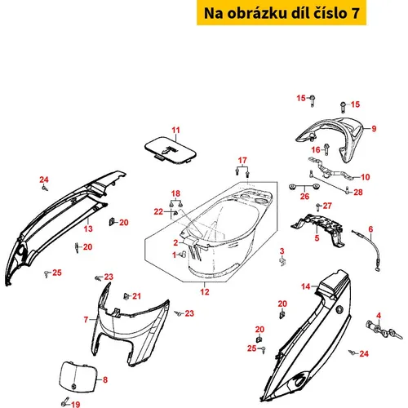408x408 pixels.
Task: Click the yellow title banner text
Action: click(282, 13)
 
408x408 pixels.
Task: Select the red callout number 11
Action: click(176, 130)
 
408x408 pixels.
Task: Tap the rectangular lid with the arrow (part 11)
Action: click(171, 150)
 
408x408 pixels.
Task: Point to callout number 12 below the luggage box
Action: click(205, 292)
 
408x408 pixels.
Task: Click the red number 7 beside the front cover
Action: click(86, 319)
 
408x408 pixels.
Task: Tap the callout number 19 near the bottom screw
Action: click(76, 404)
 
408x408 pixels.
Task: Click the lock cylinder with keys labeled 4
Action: click(384, 330)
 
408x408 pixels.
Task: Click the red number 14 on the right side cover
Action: click(306, 286)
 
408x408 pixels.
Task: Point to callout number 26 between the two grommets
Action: click(304, 196)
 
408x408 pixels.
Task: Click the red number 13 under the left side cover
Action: click(88, 228)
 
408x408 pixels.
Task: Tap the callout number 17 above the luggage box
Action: click(242, 161)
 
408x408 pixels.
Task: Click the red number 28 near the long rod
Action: click(358, 193)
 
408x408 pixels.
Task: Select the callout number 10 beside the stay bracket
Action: click(366, 177)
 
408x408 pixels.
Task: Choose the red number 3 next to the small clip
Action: click(282, 251)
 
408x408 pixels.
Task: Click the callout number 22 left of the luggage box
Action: click(158, 211)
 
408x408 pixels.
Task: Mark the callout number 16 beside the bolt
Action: click(316, 149)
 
